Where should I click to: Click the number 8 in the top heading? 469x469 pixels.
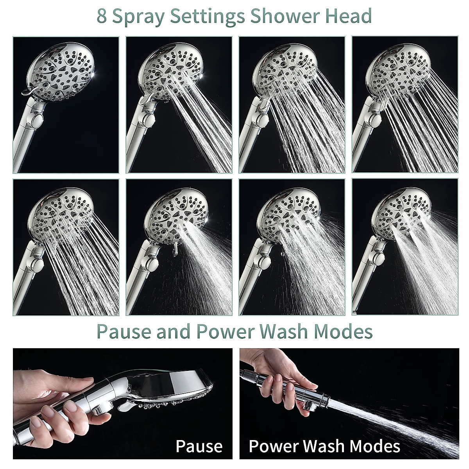click(103, 16)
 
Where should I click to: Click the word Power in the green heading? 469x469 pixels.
click(222, 331)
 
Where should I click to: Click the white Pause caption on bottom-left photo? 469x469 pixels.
click(199, 446)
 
